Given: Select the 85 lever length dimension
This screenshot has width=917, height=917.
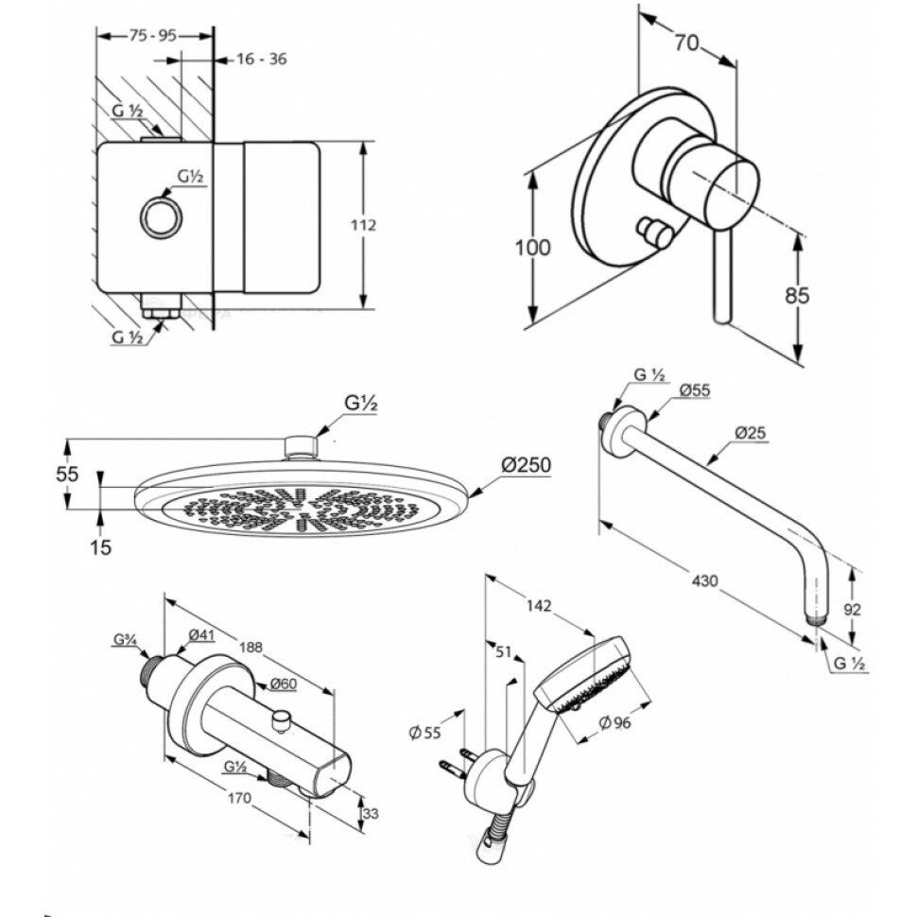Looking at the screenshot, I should (798, 295).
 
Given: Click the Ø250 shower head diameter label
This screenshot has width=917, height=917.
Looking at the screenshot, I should (526, 465).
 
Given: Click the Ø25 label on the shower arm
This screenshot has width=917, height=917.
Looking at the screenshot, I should (752, 434).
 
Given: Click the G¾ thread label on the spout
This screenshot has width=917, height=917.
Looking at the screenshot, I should (125, 641).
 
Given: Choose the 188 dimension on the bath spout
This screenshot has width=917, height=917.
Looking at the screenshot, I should (251, 648).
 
